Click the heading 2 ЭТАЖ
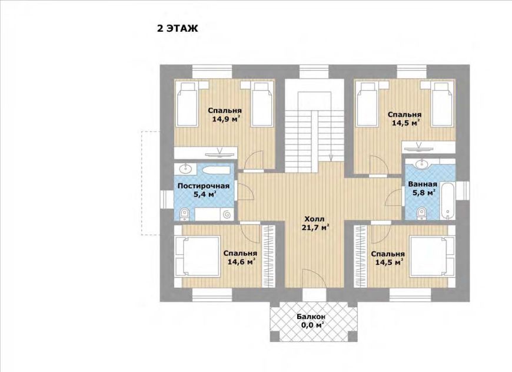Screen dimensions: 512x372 177,28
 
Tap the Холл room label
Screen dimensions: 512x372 314,219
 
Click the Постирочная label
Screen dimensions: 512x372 204,186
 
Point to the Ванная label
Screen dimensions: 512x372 423,184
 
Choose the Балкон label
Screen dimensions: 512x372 311,317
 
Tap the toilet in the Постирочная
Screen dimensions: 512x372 184,213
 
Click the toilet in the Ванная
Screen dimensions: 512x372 421,213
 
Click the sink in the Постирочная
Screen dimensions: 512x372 186,169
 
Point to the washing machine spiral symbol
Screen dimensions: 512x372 227,214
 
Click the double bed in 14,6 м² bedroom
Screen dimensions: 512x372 197,258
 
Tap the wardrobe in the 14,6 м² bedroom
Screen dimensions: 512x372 269,256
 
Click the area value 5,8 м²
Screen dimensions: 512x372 424,192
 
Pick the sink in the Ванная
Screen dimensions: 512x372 422,163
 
